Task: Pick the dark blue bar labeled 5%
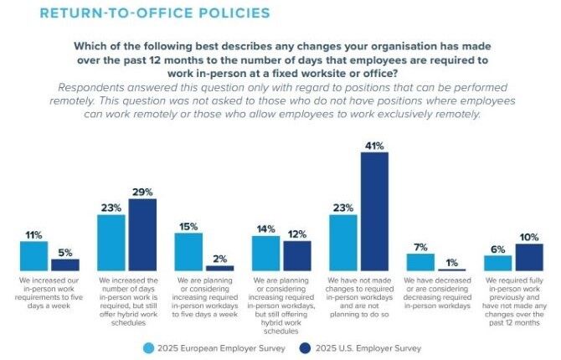coord(64,265)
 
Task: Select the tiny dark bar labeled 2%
coord(219,268)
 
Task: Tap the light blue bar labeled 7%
coord(420,262)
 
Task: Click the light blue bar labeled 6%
coord(497,263)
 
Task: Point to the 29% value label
coord(142,192)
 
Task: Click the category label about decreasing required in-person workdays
coord(436,291)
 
